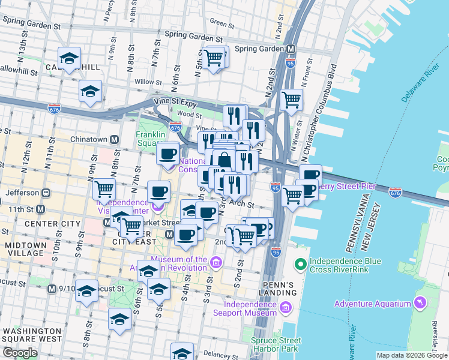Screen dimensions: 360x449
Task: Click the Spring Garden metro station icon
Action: [x=291, y=49]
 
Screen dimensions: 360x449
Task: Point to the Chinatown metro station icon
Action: [x=113, y=139]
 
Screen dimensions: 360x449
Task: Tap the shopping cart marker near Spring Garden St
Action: [x=214, y=58]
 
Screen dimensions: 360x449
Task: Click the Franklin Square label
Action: [x=149, y=139]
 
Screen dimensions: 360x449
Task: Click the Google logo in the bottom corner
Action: [x=20, y=353]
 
